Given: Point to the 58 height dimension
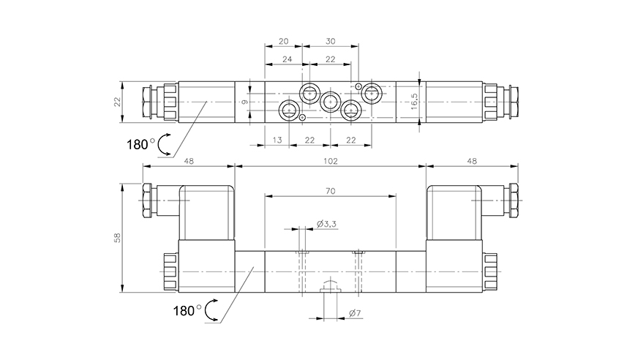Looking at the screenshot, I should pos(118,237).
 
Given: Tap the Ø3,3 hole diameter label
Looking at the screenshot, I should pos(326,224).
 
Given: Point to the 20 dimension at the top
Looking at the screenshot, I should pos(284,42).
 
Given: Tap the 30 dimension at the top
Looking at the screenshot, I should pos(331,42).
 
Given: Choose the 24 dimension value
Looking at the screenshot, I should pos(286,59).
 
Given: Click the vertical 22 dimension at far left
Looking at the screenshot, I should pos(118,101).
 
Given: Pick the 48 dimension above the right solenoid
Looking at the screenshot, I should pos(471,160).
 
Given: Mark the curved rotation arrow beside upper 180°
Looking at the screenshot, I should pos(165,144).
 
